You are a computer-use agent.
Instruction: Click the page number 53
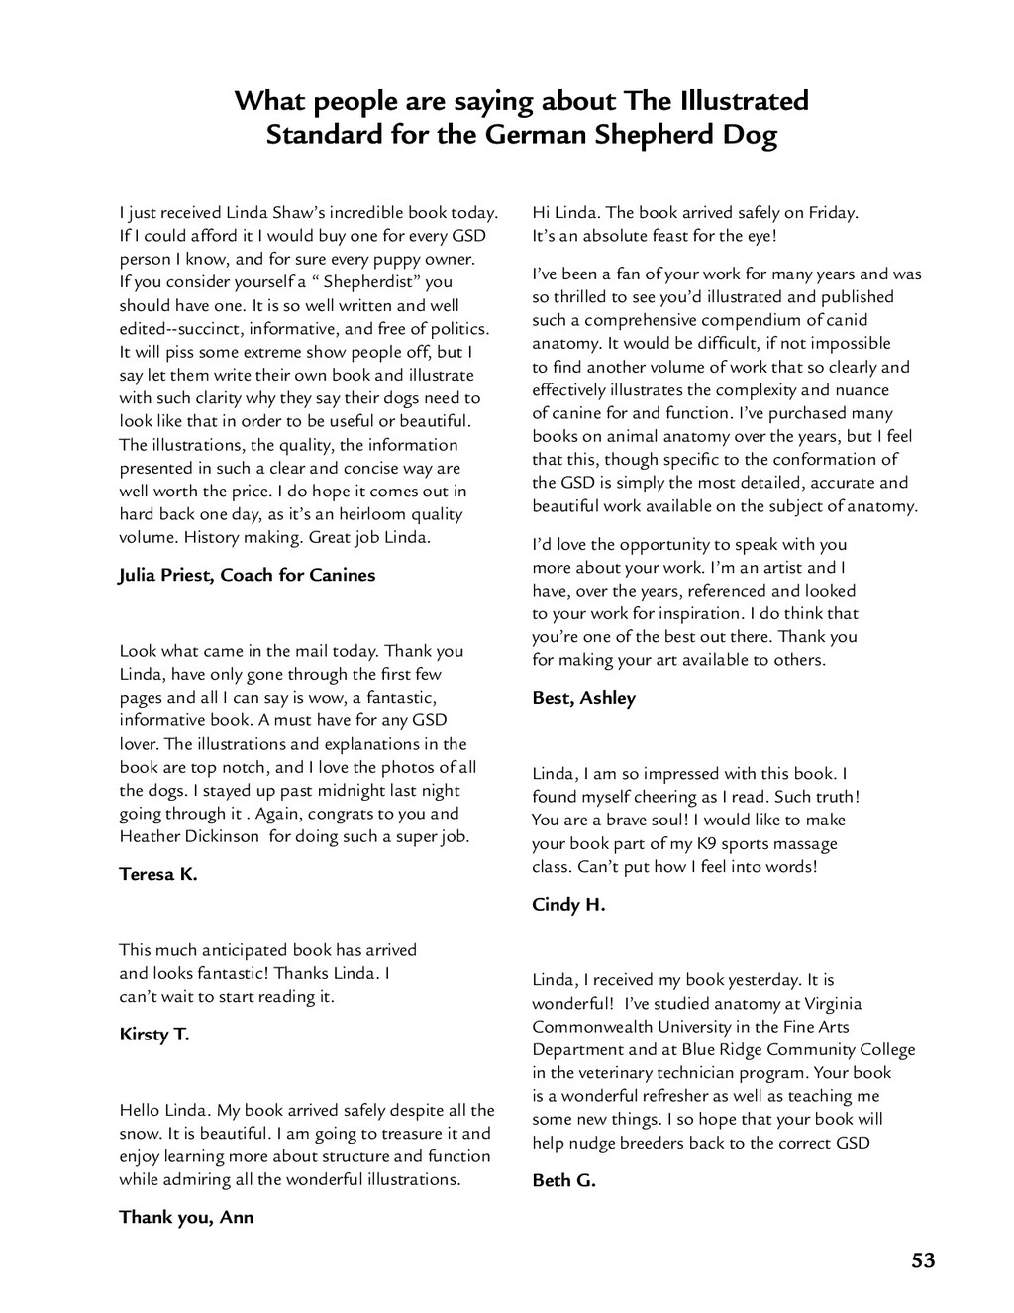[x=923, y=1260]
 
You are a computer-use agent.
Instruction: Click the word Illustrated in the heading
[x=744, y=101]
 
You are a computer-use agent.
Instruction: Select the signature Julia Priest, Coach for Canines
[x=247, y=575]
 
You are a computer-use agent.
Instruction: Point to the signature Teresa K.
[x=158, y=874]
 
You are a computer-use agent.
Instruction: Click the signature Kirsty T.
[x=153, y=1035]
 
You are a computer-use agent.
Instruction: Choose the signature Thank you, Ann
[x=186, y=1217]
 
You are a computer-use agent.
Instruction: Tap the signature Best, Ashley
[x=583, y=698]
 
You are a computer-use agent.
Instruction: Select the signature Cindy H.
[x=568, y=904]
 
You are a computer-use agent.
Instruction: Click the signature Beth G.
[x=563, y=1180]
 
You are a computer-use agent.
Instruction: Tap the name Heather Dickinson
[x=191, y=836]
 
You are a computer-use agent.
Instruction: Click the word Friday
[x=833, y=212]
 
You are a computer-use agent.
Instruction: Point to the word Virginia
[x=825, y=1003]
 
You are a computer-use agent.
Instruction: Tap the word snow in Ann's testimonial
[x=137, y=1133]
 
